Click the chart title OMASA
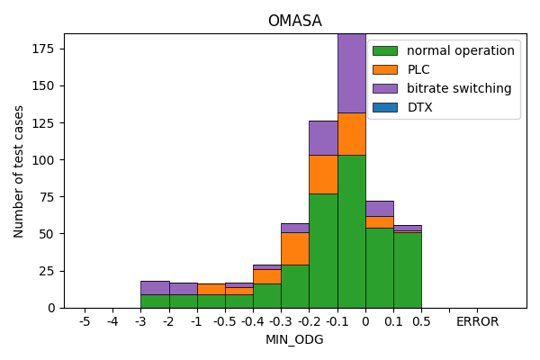coord(294,21)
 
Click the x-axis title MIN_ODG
coord(294,339)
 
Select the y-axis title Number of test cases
coord(19,171)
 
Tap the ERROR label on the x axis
coord(477,321)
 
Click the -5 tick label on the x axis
coord(85,321)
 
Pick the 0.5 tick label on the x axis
coord(421,321)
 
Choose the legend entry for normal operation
coord(460,50)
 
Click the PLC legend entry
coord(418,69)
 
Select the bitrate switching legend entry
coord(458,88)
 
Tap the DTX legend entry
coord(419,107)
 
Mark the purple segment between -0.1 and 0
coord(351,73)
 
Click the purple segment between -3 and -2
coord(155,287)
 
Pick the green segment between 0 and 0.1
coord(379,267)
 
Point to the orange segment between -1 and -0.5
coord(211,289)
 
